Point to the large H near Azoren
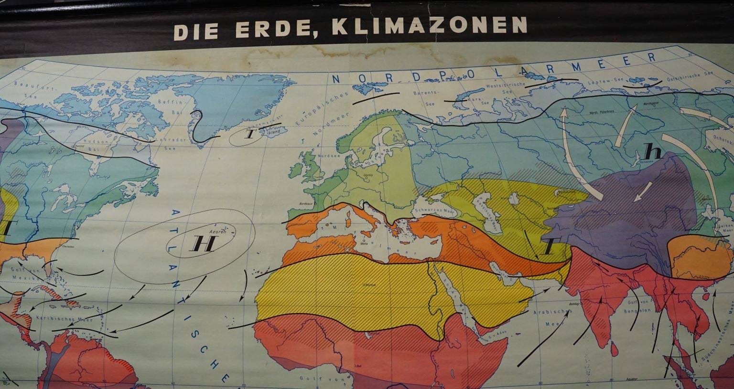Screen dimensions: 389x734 [197, 244]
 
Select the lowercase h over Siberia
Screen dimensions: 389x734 [652, 152]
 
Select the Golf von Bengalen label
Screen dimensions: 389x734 [637, 305]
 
